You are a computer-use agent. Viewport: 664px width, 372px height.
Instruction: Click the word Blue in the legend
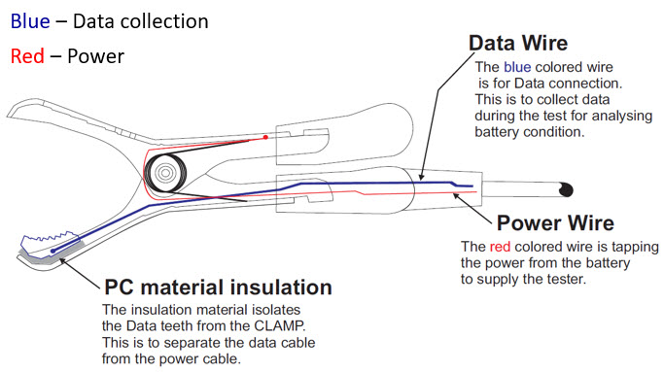(x=30, y=21)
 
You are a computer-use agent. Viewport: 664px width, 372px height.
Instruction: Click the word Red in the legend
(x=27, y=56)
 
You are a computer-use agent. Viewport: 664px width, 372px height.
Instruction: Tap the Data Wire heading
(x=518, y=43)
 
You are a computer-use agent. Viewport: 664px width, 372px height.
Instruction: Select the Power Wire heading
(x=555, y=222)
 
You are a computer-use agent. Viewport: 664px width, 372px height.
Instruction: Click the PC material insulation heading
(x=218, y=287)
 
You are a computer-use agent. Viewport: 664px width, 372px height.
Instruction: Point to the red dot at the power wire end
(x=265, y=137)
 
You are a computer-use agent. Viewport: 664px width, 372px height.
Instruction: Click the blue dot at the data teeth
(x=52, y=251)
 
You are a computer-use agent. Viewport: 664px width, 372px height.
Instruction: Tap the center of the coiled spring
(x=165, y=173)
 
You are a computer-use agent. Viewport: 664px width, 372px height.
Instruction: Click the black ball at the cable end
(x=566, y=189)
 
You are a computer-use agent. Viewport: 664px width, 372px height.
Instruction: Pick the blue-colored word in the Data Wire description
(x=517, y=67)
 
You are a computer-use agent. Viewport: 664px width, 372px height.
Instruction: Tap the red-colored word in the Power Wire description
(x=500, y=247)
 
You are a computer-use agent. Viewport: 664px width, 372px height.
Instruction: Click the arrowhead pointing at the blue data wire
(x=421, y=177)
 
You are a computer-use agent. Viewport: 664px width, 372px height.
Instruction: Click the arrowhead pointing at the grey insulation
(x=62, y=261)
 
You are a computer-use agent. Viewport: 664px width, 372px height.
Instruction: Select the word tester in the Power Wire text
(x=566, y=279)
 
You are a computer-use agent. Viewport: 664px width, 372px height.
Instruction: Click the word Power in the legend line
(x=95, y=56)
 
